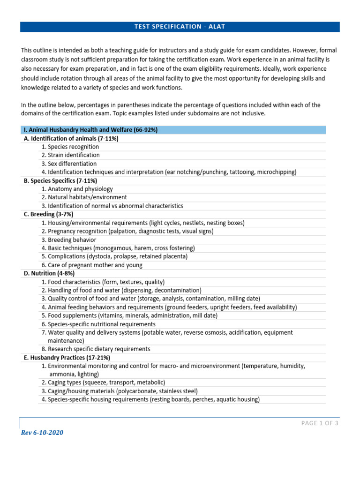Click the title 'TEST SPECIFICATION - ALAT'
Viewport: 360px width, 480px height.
click(180, 27)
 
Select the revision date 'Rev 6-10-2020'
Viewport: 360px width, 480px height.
click(42, 433)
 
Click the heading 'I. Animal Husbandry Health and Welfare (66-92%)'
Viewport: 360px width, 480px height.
click(90, 130)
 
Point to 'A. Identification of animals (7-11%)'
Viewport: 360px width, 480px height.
click(71, 138)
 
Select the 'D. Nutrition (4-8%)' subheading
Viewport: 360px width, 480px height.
click(49, 273)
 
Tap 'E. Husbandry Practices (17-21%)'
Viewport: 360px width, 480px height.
click(67, 358)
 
